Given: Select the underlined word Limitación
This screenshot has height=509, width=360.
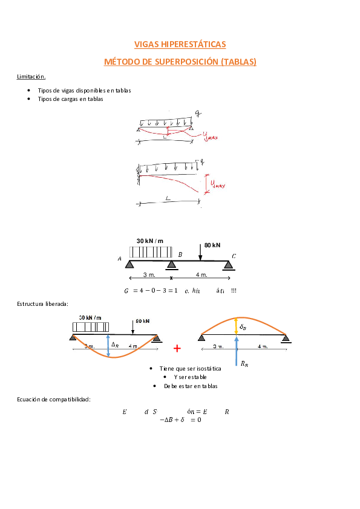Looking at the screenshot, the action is coord(31,77).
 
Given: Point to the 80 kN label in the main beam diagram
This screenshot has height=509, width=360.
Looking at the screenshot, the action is coord(212,245).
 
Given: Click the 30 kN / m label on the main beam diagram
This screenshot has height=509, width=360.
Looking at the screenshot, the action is coord(149,241).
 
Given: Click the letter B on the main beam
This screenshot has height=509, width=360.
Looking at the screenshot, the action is coord(180,254).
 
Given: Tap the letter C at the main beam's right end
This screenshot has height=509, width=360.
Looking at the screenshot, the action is coord(234,256).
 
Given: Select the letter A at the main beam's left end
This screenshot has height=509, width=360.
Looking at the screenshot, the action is coord(120,259).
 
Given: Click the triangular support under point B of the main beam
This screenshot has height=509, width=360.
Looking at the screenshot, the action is coord(172,264).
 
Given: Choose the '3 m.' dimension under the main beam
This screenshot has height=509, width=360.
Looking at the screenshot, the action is coord(148,274).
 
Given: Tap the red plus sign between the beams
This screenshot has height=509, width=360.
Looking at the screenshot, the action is coord(177,348).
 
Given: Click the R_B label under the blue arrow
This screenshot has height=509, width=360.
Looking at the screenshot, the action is coord(243,364).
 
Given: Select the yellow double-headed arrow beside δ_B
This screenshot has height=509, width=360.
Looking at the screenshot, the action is coord(235,326).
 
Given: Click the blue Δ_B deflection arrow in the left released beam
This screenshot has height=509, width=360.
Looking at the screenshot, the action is coord(108,345).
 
